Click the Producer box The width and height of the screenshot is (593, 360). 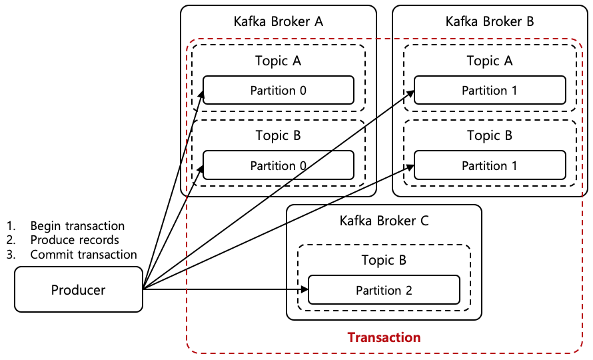[x=79, y=289]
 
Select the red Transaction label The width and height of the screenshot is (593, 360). [x=384, y=337]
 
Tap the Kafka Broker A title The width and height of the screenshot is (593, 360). [x=278, y=21]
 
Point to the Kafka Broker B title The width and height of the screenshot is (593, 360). [x=490, y=21]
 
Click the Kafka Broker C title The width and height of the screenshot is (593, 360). [x=384, y=221]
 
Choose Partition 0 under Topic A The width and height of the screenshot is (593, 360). [x=278, y=90]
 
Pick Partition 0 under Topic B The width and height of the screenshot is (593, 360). [x=278, y=165]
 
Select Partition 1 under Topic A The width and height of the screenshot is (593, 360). [x=490, y=90]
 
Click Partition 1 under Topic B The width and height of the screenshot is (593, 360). [x=490, y=165]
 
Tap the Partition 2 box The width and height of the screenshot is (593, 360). [x=384, y=290]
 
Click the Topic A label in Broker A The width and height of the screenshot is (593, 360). [x=278, y=61]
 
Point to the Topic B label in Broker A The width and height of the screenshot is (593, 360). [x=278, y=135]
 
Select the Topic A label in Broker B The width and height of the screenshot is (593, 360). [x=490, y=61]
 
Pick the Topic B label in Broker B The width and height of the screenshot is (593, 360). [x=490, y=135]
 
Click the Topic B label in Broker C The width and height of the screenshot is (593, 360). [x=384, y=260]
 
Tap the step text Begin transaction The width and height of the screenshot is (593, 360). [x=77, y=226]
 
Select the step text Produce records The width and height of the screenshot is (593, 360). [x=75, y=240]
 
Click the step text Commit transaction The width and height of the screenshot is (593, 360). [x=83, y=254]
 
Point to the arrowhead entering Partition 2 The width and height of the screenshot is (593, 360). [x=304, y=289]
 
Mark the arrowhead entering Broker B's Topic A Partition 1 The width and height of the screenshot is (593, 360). [x=410, y=96]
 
